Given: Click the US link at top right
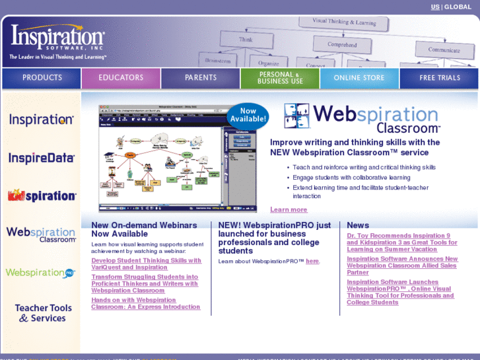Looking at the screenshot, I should click(x=435, y=7).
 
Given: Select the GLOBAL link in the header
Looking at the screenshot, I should click(x=458, y=7).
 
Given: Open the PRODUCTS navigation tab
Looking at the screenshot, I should click(x=42, y=78).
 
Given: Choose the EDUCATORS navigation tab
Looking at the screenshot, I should click(x=121, y=78).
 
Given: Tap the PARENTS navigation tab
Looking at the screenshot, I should click(x=201, y=78).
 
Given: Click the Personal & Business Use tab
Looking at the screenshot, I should click(x=280, y=78).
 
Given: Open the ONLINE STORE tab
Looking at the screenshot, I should click(x=359, y=78).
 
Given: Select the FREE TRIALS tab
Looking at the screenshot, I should click(x=440, y=78).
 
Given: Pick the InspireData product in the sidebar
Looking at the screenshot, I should click(x=42, y=158).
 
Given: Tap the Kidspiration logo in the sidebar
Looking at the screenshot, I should click(x=42, y=196).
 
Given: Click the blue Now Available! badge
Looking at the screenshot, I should click(x=248, y=116).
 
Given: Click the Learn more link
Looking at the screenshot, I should click(x=289, y=210).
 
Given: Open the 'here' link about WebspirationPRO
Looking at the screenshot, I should click(x=312, y=262).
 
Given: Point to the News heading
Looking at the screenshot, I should click(x=358, y=225).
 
